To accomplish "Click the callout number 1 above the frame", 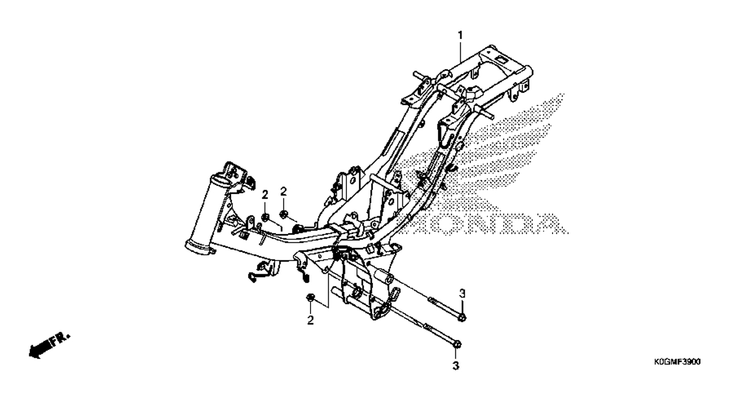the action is click(x=460, y=35).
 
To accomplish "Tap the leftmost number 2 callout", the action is click(x=265, y=195).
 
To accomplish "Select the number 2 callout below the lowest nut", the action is click(x=310, y=320).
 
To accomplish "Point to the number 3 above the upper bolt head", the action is click(x=462, y=294).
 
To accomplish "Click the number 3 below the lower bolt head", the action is click(x=456, y=366).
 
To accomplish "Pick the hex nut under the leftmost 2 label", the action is click(x=265, y=217).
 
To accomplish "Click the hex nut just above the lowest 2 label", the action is click(x=310, y=298).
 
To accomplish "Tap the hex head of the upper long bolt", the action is click(x=462, y=317).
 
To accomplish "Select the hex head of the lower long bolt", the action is click(x=456, y=345).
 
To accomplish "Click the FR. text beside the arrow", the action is click(x=60, y=339).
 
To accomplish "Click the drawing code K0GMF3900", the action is click(x=677, y=362).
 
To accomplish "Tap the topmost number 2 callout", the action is click(x=284, y=192).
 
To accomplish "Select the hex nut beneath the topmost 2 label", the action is click(x=284, y=214).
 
